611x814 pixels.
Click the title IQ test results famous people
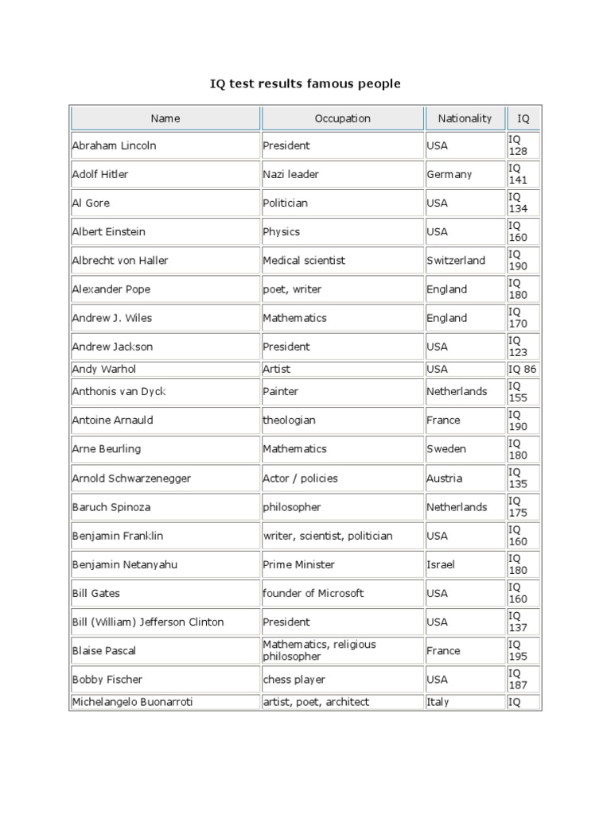coord(305,83)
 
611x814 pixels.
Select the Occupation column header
coord(342,118)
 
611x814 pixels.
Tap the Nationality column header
coord(465,118)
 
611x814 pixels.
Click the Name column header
coord(165,118)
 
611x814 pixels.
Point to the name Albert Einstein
coord(109,232)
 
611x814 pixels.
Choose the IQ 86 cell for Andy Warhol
coord(523,369)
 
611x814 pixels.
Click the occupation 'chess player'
coord(294,680)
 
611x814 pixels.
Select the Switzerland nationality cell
coord(456,261)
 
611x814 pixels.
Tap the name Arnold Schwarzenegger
coord(131,479)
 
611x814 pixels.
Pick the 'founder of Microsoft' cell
coord(313,593)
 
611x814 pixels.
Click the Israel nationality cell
coord(440,564)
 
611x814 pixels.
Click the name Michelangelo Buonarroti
coord(132,702)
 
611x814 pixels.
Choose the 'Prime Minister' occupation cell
coord(299,564)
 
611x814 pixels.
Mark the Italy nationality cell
coord(438,702)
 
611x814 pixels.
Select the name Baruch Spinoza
coord(111,507)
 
